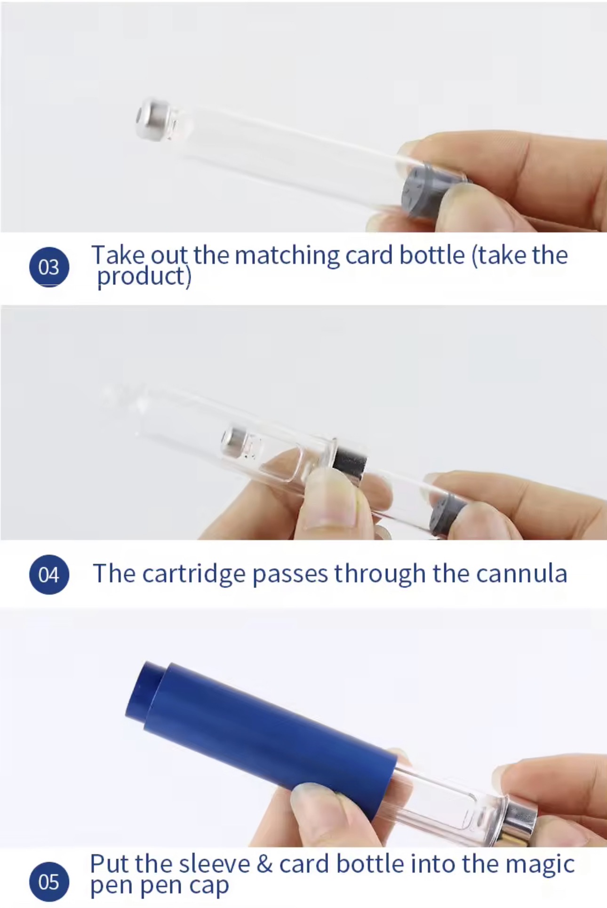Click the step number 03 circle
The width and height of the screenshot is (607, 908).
pyautogui.click(x=49, y=267)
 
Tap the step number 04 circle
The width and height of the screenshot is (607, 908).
pyautogui.click(x=49, y=574)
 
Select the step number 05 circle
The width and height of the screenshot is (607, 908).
pyautogui.click(x=49, y=882)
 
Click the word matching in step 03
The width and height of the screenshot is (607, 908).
pyautogui.click(x=287, y=256)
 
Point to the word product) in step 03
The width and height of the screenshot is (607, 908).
pyautogui.click(x=144, y=277)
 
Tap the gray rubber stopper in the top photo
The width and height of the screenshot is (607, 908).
pyautogui.click(x=421, y=191)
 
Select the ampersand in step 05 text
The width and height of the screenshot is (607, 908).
pyautogui.click(x=264, y=864)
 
